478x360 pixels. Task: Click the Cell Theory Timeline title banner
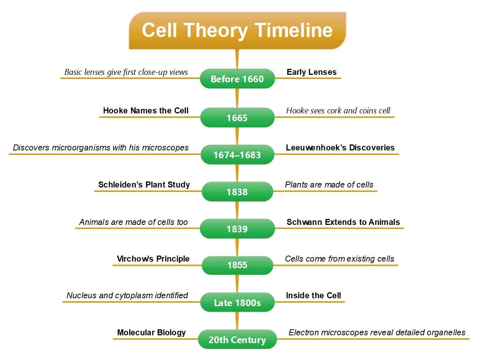[237, 30]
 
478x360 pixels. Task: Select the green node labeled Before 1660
[237, 79]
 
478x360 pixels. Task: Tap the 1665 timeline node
[237, 118]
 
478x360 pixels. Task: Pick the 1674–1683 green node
[237, 155]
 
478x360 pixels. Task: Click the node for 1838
[237, 192]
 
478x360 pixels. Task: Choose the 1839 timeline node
[237, 229]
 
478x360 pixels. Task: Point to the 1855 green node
[237, 265]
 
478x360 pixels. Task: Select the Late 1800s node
[237, 303]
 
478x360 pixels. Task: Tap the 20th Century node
[237, 340]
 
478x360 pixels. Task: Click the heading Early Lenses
[311, 72]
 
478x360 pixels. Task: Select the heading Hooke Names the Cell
[146, 111]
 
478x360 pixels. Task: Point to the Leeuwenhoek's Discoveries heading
[340, 148]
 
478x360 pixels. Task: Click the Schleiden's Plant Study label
[144, 185]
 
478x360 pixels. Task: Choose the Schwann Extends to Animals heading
[343, 222]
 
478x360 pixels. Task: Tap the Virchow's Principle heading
[153, 259]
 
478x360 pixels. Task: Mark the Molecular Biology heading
[151, 333]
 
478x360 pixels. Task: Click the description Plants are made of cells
[329, 185]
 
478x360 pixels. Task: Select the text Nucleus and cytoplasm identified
[127, 296]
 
